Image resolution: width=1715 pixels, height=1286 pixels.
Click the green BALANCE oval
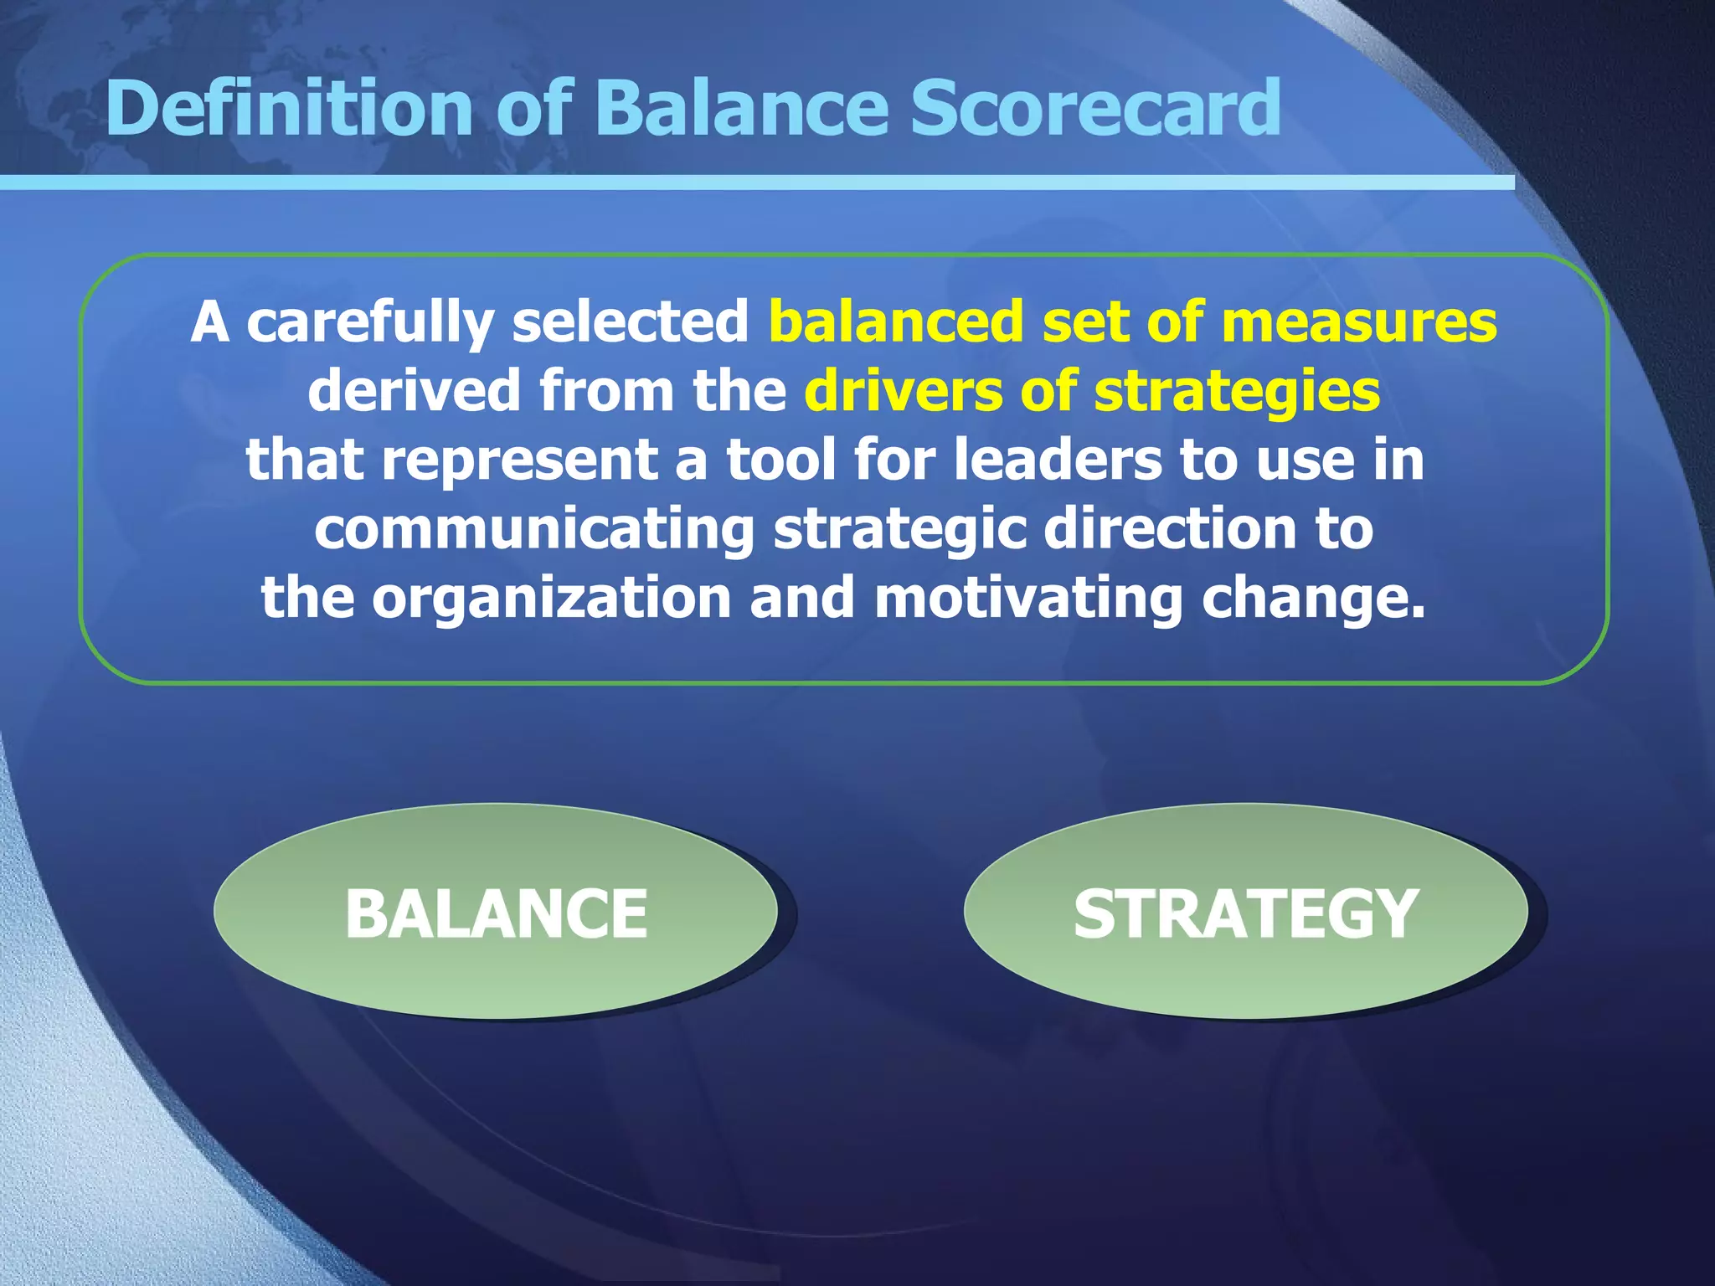click(496, 912)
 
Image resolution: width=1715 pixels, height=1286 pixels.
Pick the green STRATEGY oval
click(1245, 912)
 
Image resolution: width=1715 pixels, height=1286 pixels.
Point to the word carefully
click(369, 323)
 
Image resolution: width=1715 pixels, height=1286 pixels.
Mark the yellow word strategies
click(1237, 393)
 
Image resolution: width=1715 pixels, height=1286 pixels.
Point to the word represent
click(520, 461)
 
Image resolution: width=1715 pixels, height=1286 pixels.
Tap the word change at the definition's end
click(1311, 599)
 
